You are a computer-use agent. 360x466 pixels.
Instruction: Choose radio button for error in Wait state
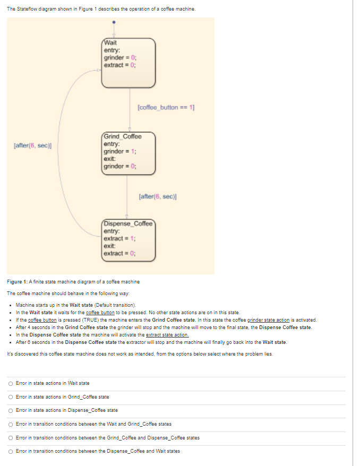[x=11, y=383]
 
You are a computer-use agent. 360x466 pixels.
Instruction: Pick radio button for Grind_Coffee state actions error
[x=11, y=396]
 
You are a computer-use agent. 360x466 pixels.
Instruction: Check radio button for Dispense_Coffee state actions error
[x=11, y=410]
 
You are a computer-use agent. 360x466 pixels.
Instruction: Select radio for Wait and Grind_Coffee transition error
[x=11, y=424]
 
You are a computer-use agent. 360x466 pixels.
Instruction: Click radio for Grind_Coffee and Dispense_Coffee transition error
[x=11, y=437]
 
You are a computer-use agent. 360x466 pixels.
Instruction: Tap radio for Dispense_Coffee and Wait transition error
[x=11, y=451]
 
